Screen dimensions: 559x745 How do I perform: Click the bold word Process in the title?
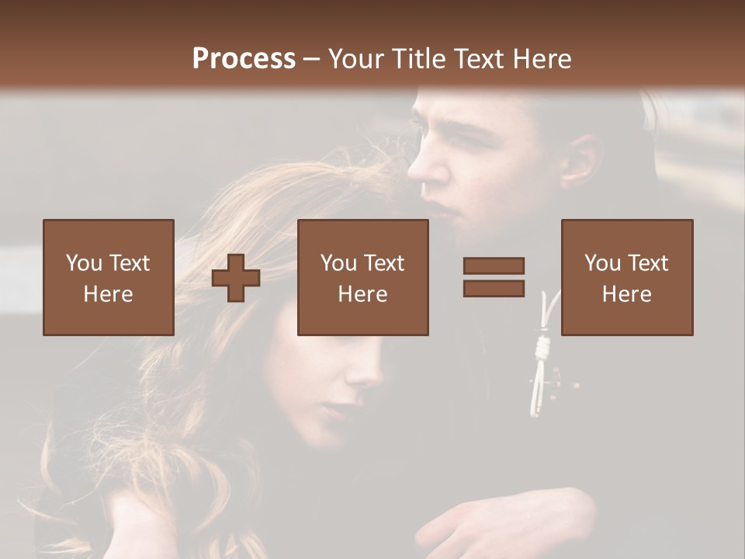[x=244, y=59]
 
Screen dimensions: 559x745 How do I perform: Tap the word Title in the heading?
[x=419, y=59]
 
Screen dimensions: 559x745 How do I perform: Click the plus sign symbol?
[x=236, y=277]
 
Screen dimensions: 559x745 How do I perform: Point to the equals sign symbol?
[x=494, y=277]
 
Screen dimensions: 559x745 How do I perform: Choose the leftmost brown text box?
[x=109, y=277]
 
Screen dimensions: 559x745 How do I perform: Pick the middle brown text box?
[x=362, y=277]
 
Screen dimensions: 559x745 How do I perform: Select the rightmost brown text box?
[x=627, y=277]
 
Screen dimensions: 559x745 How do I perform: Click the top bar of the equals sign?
[x=494, y=266]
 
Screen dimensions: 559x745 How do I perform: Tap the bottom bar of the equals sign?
[x=494, y=289]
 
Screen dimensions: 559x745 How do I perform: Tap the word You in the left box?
[x=83, y=263]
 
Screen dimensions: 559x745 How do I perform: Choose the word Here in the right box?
[x=627, y=294]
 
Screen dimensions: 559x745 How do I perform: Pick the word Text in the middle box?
[x=384, y=263]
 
